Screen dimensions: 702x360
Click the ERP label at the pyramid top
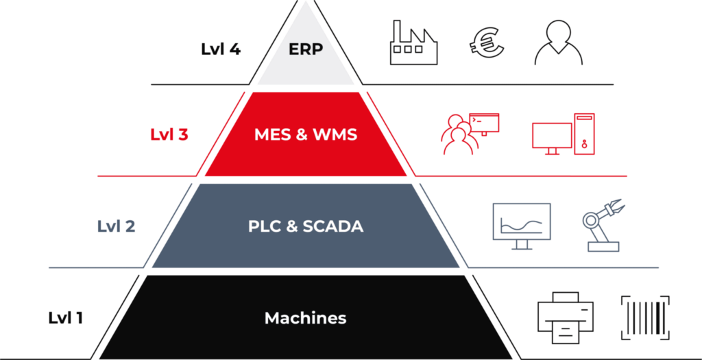click(306, 49)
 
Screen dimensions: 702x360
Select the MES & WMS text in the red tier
click(306, 135)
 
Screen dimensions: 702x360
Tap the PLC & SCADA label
click(306, 226)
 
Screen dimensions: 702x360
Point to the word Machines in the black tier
click(305, 318)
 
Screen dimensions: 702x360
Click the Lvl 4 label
click(221, 49)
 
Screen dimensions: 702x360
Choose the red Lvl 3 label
click(169, 135)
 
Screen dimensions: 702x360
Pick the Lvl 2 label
click(116, 226)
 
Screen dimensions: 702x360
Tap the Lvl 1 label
click(65, 318)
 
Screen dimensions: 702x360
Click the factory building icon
click(413, 43)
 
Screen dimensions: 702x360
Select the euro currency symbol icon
click(487, 41)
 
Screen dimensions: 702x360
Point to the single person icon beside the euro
click(558, 43)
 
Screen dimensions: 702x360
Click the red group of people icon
click(457, 134)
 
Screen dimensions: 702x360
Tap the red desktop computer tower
click(584, 134)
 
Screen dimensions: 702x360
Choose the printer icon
click(566, 318)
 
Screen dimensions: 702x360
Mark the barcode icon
click(645, 317)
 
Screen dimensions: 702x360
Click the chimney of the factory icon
click(397, 31)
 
